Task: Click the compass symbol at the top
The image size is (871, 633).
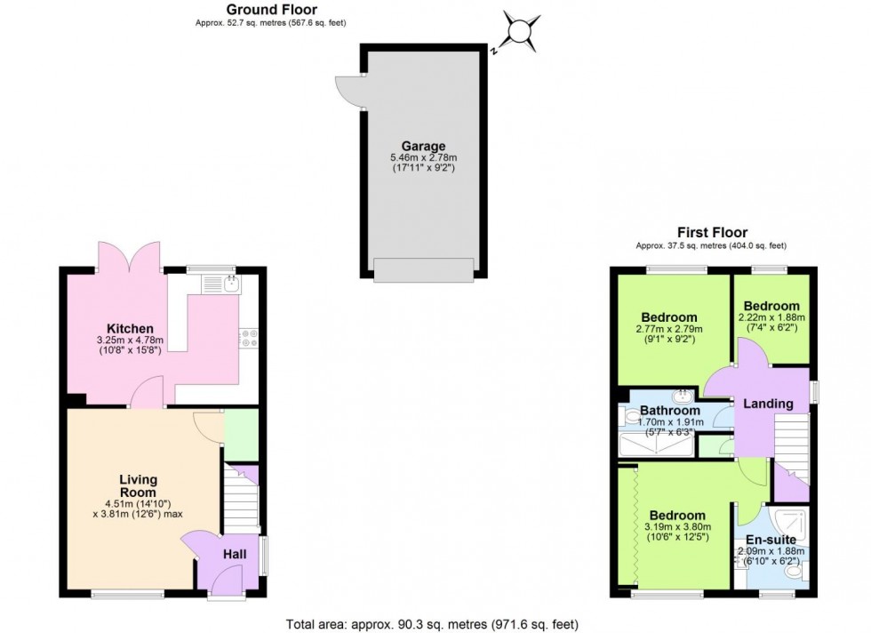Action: [517, 33]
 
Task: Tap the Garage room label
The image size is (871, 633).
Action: [422, 147]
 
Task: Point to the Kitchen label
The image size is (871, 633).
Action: [131, 328]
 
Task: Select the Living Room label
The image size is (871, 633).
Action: [138, 485]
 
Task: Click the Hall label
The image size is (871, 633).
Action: [235, 553]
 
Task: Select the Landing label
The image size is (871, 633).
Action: [768, 404]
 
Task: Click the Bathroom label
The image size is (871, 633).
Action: [669, 411]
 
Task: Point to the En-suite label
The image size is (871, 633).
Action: [770, 539]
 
